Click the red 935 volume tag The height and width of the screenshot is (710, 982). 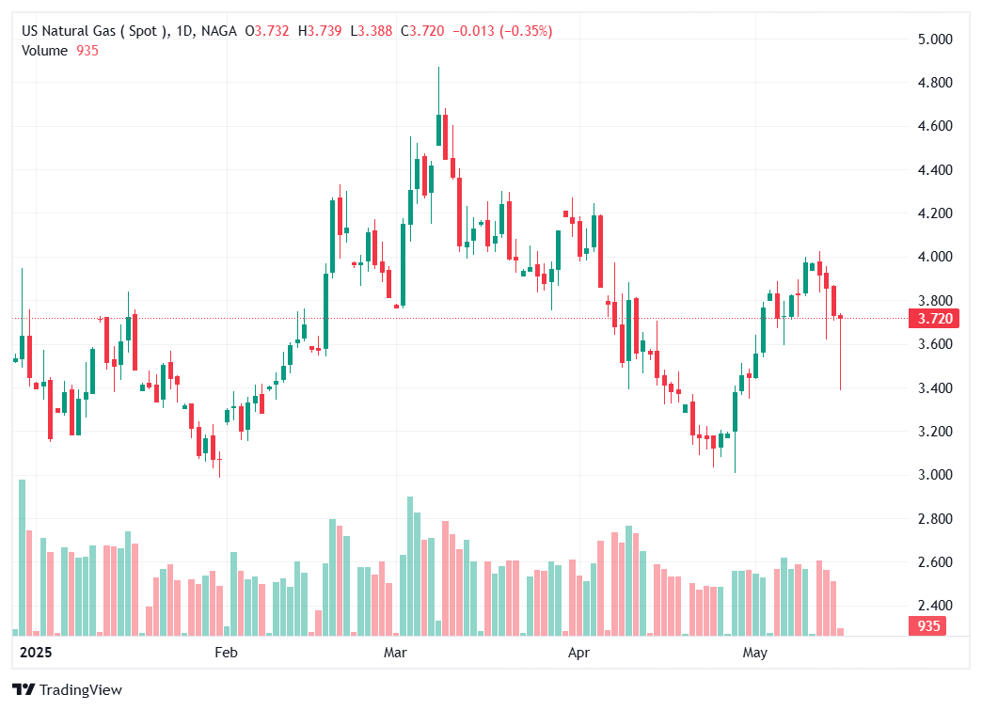927,626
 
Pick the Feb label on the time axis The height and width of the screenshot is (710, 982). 226,652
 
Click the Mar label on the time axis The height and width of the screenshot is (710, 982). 395,652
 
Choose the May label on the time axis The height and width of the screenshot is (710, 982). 755,652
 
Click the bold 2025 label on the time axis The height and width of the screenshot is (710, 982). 37,652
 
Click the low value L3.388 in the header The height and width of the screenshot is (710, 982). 371,31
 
